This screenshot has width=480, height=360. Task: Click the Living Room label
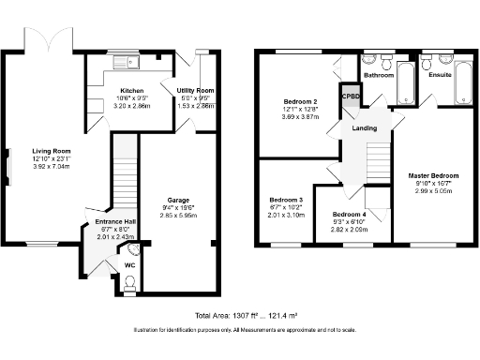pyautogui.click(x=50, y=151)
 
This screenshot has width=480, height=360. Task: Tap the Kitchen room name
pyautogui.click(x=117, y=90)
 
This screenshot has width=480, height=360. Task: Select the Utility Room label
pyautogui.click(x=195, y=90)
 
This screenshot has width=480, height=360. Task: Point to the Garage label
pyautogui.click(x=178, y=200)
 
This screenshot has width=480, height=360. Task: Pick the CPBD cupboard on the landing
pyautogui.click(x=350, y=96)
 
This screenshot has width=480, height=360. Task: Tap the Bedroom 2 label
pyautogui.click(x=303, y=100)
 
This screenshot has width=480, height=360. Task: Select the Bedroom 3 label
pyautogui.click(x=286, y=200)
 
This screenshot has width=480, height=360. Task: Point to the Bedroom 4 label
pyautogui.click(x=351, y=215)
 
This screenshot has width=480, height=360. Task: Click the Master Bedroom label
pyautogui.click(x=432, y=175)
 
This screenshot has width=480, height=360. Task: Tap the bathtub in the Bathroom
pyautogui.click(x=407, y=84)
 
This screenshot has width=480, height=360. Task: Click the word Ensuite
pyautogui.click(x=440, y=74)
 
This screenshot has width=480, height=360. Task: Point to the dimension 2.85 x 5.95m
pyautogui.click(x=178, y=215)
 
